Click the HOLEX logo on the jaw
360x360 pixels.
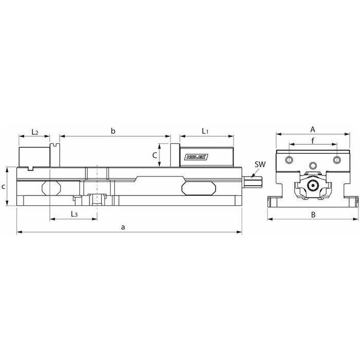(196, 157)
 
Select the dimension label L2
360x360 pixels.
(35, 132)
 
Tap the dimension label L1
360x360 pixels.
(205, 131)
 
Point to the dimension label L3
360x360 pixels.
(74, 214)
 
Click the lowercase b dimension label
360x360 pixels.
(113, 131)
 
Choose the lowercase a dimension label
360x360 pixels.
(123, 227)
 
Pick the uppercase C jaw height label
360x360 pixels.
(155, 155)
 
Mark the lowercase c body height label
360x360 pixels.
(3, 187)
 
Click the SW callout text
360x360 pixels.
(260, 165)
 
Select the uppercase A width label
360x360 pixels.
(313, 130)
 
